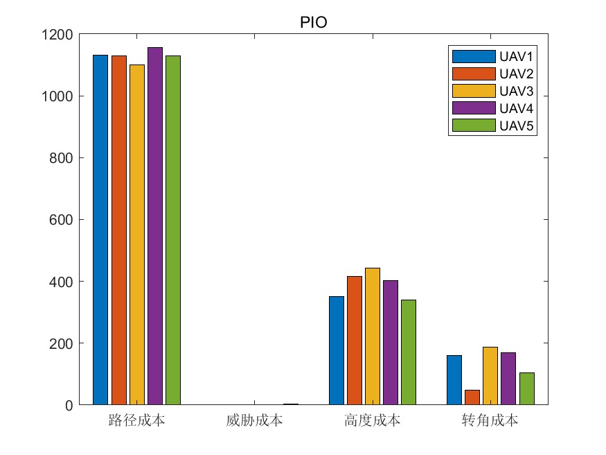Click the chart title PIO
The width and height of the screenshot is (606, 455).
(x=313, y=22)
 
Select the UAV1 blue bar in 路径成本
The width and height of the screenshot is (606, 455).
(x=101, y=229)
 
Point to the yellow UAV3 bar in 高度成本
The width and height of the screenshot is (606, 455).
(x=373, y=336)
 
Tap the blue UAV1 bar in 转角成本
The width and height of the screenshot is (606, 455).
(x=454, y=379)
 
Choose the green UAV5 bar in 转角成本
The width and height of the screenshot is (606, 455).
(x=526, y=388)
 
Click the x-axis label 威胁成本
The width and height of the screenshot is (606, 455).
(x=254, y=420)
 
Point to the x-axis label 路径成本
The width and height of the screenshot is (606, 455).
(x=137, y=420)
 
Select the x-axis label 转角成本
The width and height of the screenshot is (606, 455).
(x=490, y=420)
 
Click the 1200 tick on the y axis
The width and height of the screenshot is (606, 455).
(x=57, y=34)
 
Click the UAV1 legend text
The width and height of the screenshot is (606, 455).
(x=515, y=56)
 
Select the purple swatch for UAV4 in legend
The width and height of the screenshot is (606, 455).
(x=474, y=108)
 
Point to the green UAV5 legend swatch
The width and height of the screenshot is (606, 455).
(x=474, y=126)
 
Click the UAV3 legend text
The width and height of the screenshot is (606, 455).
(x=515, y=91)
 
